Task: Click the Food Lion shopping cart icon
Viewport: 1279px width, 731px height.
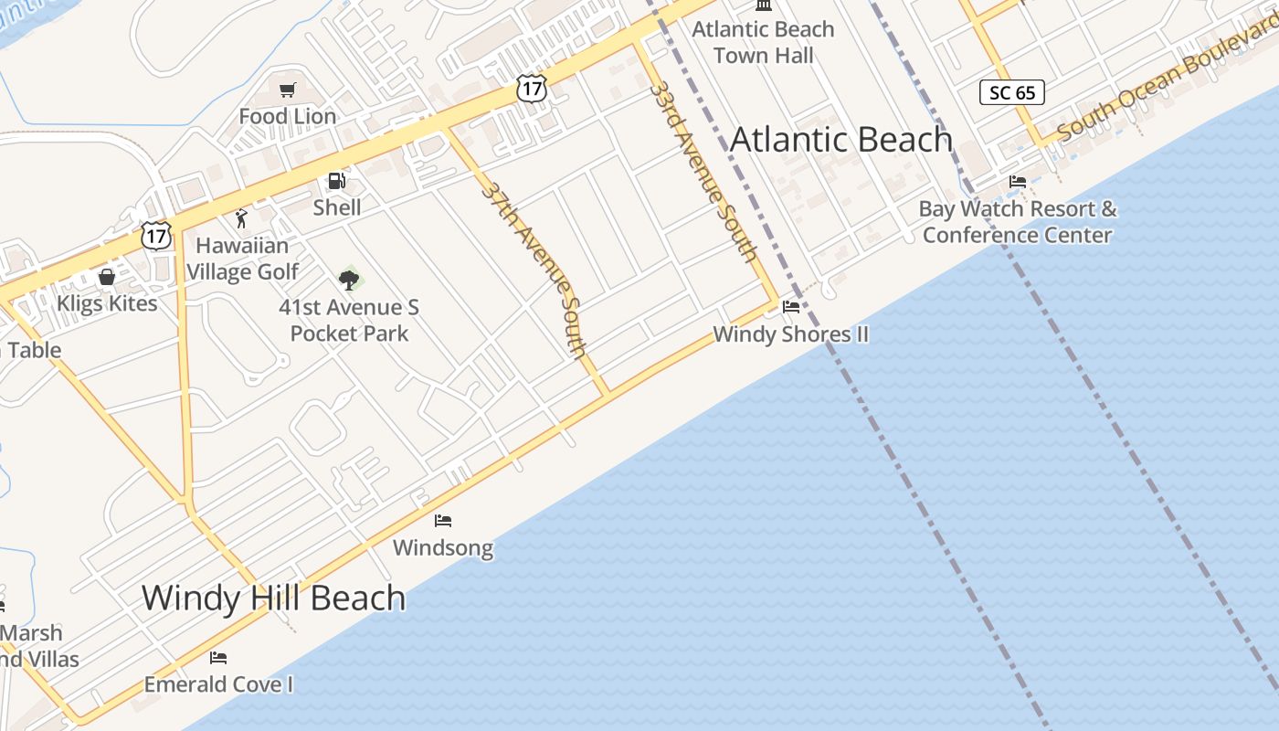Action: click(288, 90)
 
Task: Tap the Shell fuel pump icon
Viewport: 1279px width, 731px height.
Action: click(337, 182)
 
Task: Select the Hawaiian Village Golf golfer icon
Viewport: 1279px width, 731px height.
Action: click(241, 218)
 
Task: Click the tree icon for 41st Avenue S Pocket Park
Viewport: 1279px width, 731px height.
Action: click(348, 280)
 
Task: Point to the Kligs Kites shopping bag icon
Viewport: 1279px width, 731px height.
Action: click(107, 276)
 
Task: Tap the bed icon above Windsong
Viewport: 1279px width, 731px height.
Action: click(443, 521)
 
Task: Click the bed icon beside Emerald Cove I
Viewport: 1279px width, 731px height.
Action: click(217, 657)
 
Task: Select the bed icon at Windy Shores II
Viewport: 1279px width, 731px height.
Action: click(791, 307)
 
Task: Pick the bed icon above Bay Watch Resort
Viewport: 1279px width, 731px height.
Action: click(1018, 182)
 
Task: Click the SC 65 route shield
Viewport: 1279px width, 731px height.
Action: click(1012, 92)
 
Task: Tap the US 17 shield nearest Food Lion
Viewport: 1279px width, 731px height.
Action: click(531, 88)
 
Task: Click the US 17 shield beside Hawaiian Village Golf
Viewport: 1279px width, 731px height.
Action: click(156, 236)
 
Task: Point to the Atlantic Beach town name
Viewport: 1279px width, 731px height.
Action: click(841, 140)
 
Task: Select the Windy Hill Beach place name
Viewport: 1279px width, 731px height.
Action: click(273, 598)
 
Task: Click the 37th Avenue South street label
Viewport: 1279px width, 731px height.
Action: click(534, 270)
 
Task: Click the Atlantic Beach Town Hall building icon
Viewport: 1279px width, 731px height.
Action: click(764, 5)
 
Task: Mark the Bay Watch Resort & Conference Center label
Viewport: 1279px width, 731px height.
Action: click(1018, 222)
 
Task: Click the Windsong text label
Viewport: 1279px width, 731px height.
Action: click(443, 548)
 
